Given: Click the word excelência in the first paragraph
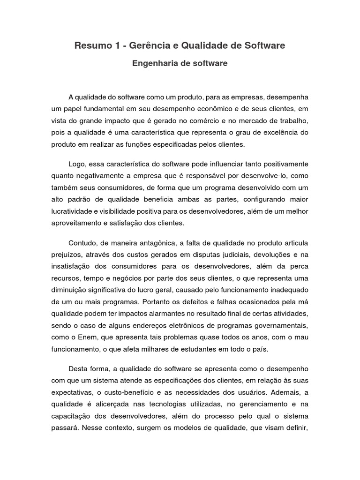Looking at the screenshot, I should coord(279,133).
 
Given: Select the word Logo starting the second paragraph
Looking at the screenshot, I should coord(77,165).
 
